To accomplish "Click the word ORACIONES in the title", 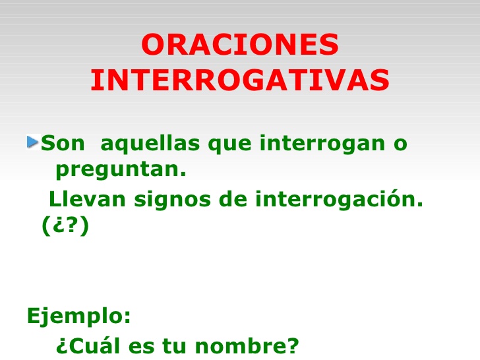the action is click(x=240, y=44).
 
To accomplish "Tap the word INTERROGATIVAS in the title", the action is click(x=240, y=80).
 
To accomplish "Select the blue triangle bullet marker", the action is click(x=32, y=142).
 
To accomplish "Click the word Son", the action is click(x=63, y=143).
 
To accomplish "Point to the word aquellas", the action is click(x=150, y=143).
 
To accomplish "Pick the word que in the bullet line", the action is click(x=229, y=145).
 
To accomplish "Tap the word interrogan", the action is click(x=322, y=144).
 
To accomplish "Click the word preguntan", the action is click(x=121, y=170).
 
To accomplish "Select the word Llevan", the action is click(x=87, y=199).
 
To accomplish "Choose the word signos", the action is click(x=172, y=200).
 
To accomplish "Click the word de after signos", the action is click(x=233, y=199).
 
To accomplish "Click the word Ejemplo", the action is click(x=76, y=316).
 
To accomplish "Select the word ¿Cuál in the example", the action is click(x=88, y=345).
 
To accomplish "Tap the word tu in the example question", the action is click(x=175, y=345).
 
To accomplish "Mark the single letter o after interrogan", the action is click(x=400, y=145).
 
